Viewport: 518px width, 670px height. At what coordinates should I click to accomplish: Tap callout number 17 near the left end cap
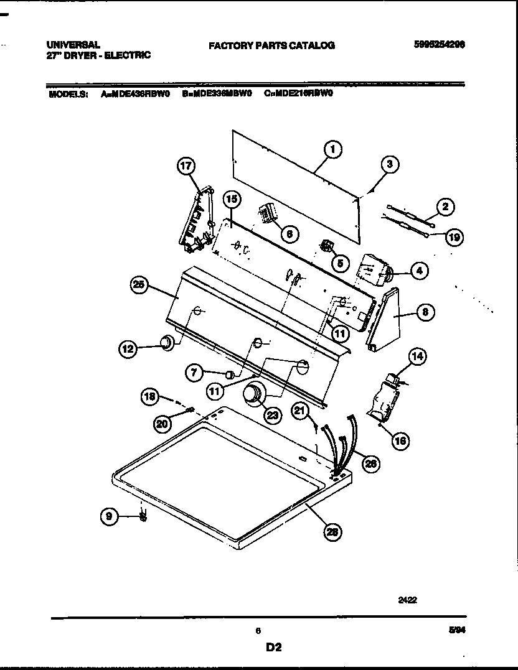[x=186, y=166]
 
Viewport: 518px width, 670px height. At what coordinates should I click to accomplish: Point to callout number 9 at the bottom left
[x=109, y=515]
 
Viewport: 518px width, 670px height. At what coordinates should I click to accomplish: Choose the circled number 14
[x=417, y=356]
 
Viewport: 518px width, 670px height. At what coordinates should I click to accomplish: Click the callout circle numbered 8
[x=425, y=312]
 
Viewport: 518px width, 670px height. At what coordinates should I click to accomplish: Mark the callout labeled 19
[x=455, y=236]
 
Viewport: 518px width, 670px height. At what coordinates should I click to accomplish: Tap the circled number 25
[x=139, y=286]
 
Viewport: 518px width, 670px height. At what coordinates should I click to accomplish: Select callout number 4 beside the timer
[x=420, y=270]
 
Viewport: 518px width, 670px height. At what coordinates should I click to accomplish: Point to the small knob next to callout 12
[x=167, y=343]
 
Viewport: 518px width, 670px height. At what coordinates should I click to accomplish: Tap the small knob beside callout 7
[x=230, y=375]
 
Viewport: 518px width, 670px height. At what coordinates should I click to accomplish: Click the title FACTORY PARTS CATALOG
[x=271, y=45]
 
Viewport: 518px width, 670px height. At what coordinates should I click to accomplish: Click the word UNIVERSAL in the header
[x=73, y=45]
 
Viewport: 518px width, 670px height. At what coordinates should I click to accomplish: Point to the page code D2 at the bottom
[x=274, y=648]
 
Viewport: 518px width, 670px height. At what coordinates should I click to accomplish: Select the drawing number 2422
[x=407, y=601]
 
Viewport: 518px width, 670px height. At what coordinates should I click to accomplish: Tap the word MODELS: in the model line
[x=67, y=95]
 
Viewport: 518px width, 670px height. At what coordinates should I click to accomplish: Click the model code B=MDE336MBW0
[x=217, y=95]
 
